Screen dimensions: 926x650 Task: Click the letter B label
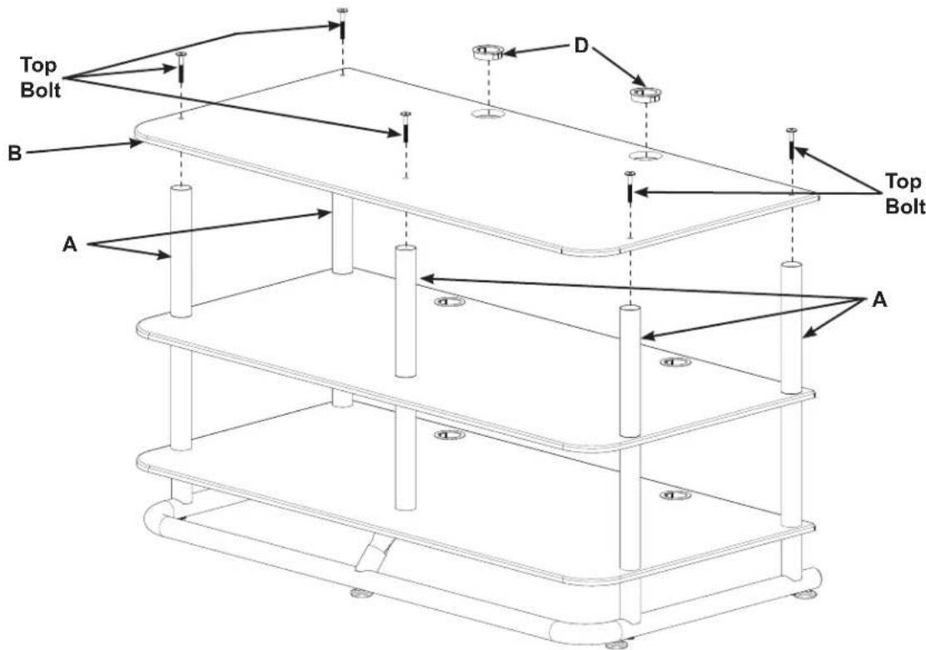(14, 153)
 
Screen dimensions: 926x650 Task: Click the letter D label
(582, 46)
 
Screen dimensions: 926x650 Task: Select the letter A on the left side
(70, 244)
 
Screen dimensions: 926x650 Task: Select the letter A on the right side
(879, 300)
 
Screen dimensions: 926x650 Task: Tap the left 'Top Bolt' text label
(40, 77)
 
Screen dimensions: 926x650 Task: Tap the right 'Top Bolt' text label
(904, 194)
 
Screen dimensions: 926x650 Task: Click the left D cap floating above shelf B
(487, 52)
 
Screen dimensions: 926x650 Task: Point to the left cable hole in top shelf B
(488, 113)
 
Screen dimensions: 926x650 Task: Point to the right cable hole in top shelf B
(645, 156)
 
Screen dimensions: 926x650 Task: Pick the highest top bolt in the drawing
(342, 23)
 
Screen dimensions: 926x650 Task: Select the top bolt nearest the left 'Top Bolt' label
(181, 67)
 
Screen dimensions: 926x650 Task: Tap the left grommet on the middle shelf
(450, 302)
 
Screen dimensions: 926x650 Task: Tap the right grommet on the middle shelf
(676, 361)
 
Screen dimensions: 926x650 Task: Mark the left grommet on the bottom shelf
(450, 435)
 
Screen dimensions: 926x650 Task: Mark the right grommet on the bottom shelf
(676, 494)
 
